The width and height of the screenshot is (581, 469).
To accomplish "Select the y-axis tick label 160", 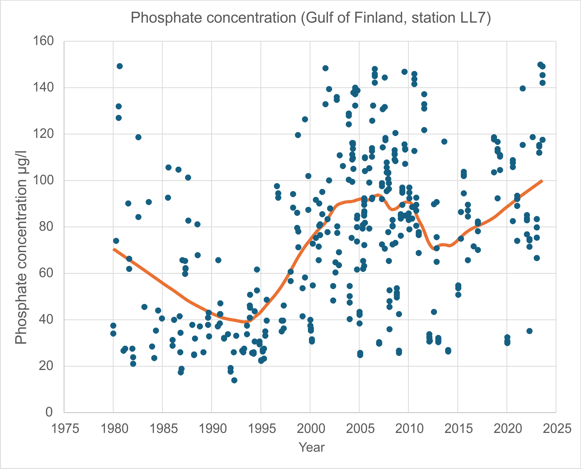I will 43,41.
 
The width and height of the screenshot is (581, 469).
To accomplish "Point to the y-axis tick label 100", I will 43,180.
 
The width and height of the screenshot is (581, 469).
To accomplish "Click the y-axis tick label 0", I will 49,412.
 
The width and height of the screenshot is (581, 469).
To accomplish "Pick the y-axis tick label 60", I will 46,273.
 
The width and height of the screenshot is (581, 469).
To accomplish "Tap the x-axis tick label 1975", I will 65,428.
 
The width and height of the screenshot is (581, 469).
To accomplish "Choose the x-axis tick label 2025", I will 557,428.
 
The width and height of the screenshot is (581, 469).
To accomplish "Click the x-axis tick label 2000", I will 311,428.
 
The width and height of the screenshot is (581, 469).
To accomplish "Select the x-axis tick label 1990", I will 212,428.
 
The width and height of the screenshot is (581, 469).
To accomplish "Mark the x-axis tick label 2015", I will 458,428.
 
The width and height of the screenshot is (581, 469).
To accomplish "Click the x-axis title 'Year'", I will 311,447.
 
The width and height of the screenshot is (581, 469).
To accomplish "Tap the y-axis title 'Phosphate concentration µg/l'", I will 21,248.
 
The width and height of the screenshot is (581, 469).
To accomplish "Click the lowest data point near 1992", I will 234,380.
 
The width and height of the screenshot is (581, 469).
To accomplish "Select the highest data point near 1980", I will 120,66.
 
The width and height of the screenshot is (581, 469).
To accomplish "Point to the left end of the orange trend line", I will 114,249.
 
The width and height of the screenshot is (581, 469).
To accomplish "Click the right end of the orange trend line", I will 542,181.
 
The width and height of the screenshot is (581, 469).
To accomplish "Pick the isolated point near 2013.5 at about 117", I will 444,142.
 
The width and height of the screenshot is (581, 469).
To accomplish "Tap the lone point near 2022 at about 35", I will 529,331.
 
